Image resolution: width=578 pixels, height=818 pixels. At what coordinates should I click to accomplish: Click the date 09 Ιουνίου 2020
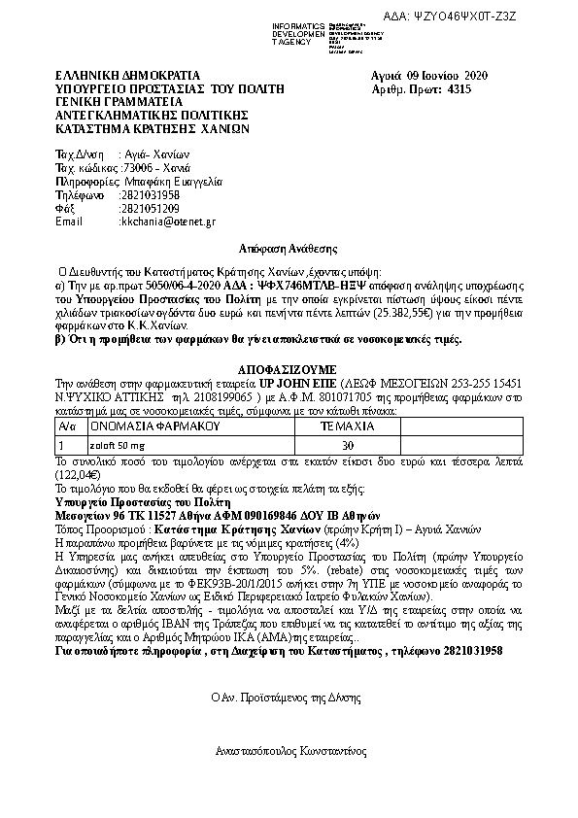click(x=448, y=75)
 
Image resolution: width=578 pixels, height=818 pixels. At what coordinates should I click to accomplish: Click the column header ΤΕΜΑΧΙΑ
click(x=347, y=426)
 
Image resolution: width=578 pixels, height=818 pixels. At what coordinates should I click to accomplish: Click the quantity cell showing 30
click(x=347, y=445)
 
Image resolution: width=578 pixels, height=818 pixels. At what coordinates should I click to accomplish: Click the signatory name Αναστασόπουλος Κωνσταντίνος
click(x=290, y=751)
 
